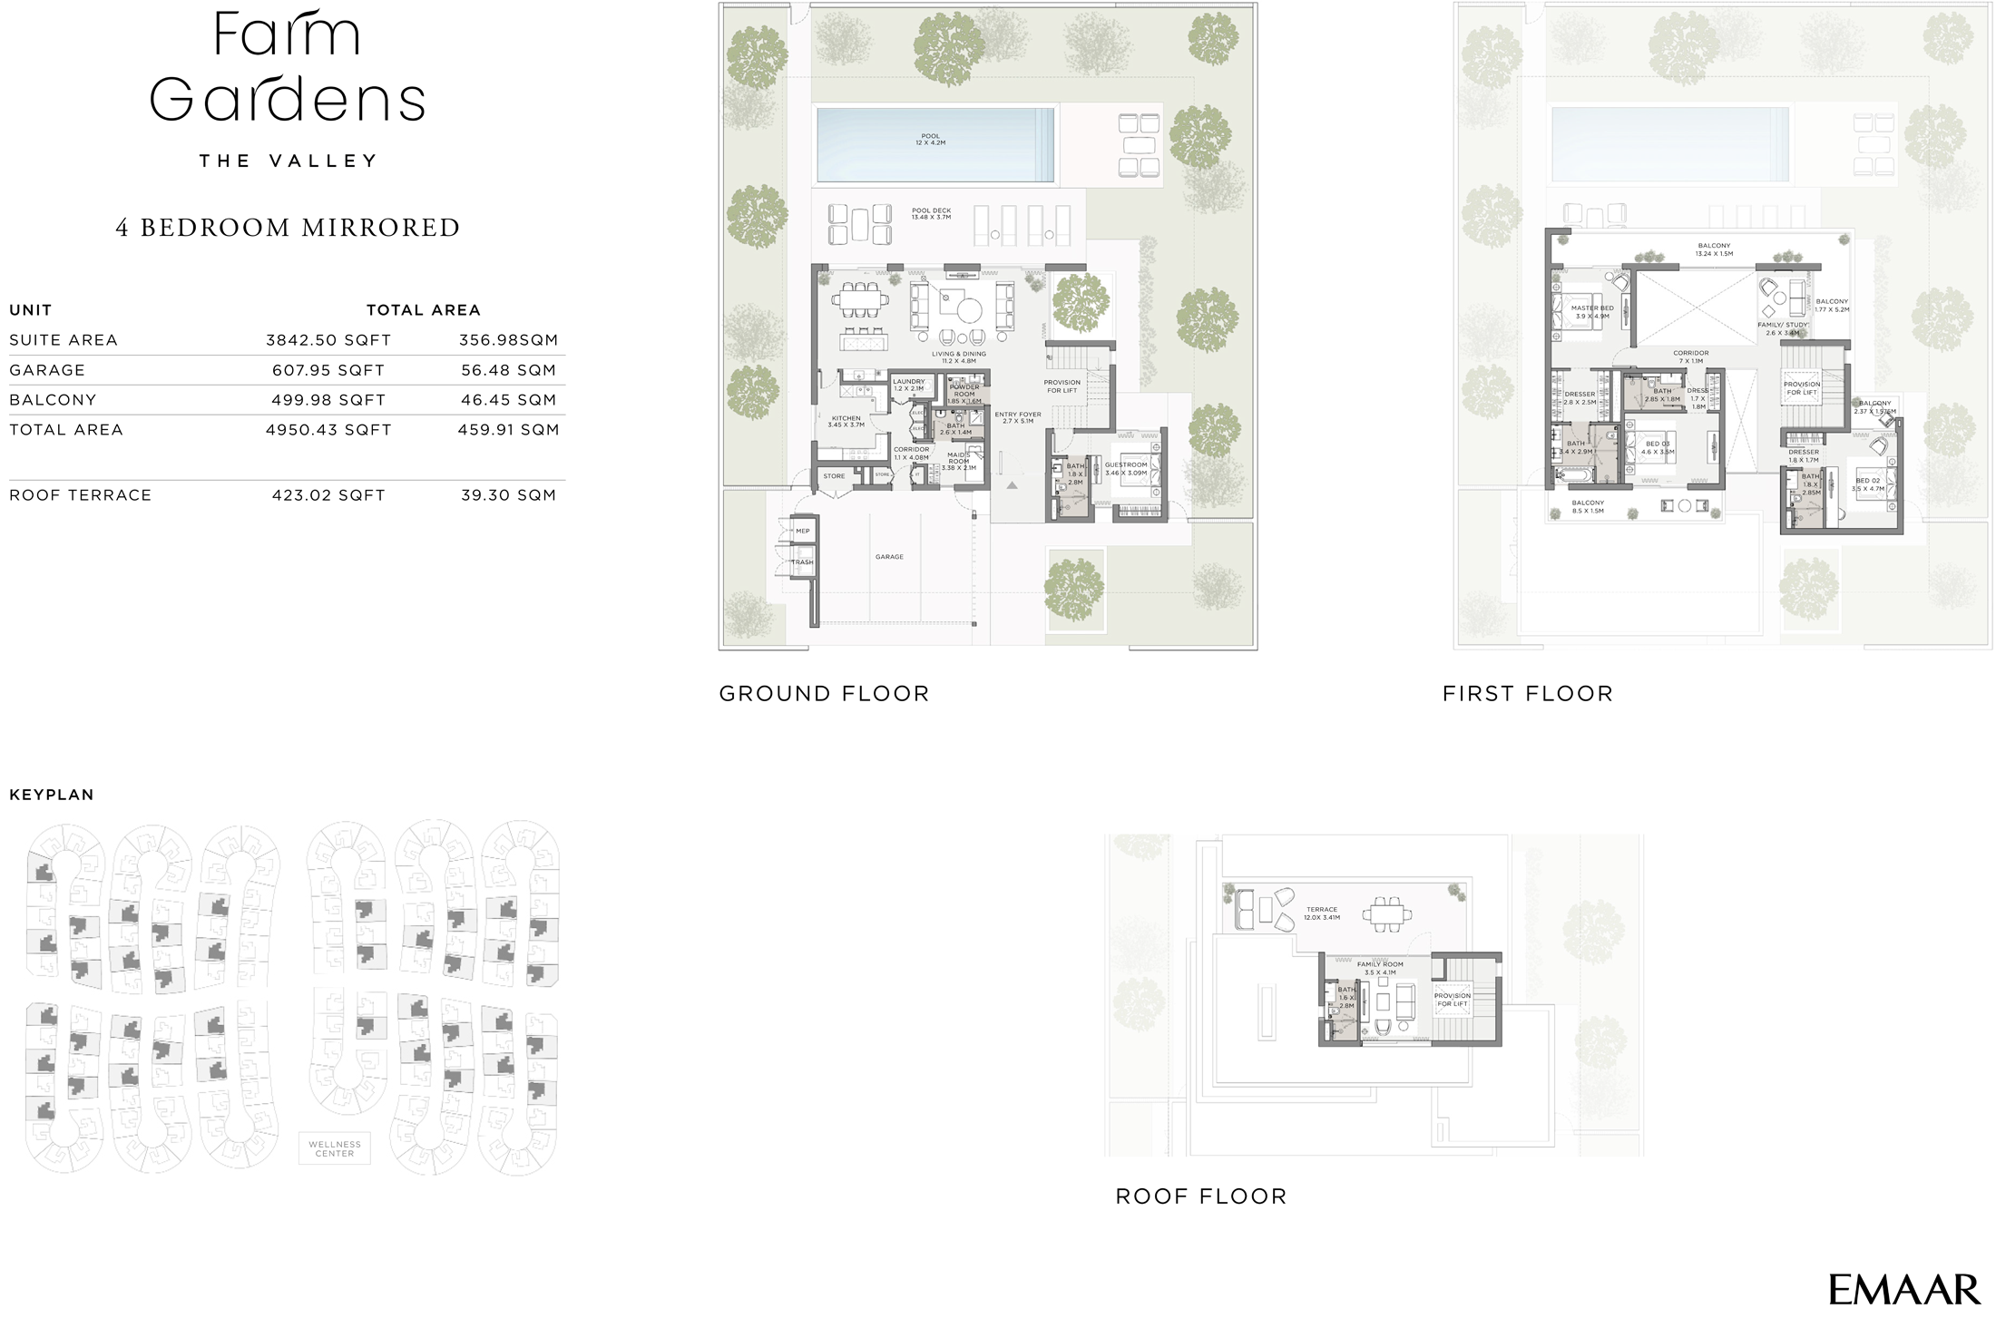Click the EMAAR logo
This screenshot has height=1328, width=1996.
pos(1903,1289)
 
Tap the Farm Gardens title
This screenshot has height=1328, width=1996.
pos(287,67)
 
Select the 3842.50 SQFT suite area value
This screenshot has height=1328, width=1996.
pos(328,340)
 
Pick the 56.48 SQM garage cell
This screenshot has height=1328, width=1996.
pos(508,370)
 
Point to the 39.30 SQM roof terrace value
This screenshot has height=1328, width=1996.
pos(508,495)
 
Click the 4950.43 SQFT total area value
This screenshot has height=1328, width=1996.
pos(328,430)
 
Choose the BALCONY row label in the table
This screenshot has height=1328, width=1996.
pos(53,400)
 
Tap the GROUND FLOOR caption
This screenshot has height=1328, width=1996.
pos(824,694)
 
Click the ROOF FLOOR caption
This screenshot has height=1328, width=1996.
pos(1201,1196)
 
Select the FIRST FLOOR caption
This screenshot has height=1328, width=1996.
pos(1528,694)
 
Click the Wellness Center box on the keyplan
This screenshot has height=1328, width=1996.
pos(334,1148)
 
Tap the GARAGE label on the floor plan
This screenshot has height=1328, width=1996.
pos(889,557)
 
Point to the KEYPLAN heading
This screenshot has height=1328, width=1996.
pos(52,795)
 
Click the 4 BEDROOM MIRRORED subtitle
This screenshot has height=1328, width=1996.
pos(288,228)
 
